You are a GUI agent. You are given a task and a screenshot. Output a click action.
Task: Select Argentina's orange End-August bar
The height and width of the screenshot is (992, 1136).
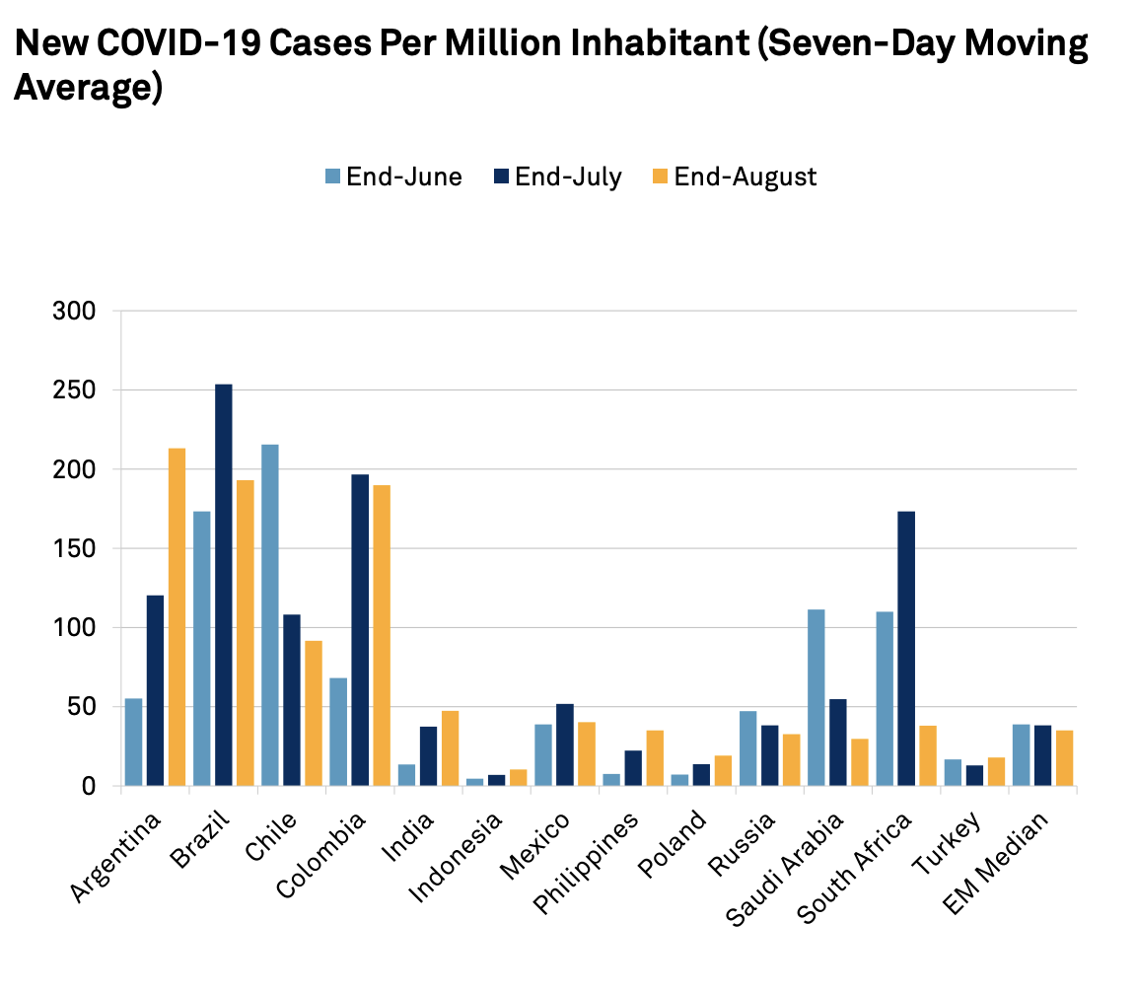pos(177,617)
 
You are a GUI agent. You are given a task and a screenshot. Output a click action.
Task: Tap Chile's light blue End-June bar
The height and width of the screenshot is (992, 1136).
pos(269,615)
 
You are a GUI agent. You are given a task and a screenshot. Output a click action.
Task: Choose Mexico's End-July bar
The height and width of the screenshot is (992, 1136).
pos(565,745)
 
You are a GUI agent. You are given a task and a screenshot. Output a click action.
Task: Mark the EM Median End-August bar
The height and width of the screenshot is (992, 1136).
pos(1065,758)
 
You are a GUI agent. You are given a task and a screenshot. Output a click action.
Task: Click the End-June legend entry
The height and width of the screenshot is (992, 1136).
pos(394,177)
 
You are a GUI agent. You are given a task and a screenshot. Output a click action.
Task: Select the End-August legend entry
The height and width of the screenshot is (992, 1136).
pos(736,177)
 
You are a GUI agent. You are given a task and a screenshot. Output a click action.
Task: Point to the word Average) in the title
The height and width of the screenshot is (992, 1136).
pos(87,88)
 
